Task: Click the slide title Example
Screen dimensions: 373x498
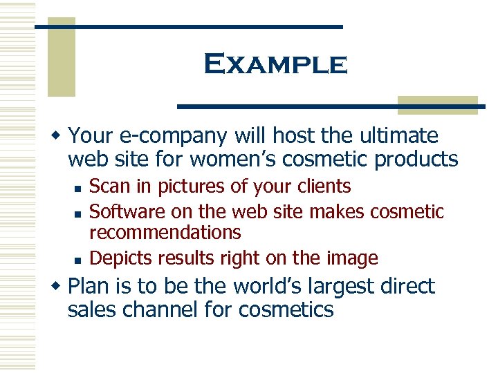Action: (x=275, y=64)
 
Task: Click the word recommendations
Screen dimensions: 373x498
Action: (x=165, y=233)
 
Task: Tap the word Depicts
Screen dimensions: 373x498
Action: (x=121, y=258)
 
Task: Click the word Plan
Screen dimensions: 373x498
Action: (x=92, y=286)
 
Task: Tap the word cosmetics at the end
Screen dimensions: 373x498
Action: (x=286, y=309)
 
